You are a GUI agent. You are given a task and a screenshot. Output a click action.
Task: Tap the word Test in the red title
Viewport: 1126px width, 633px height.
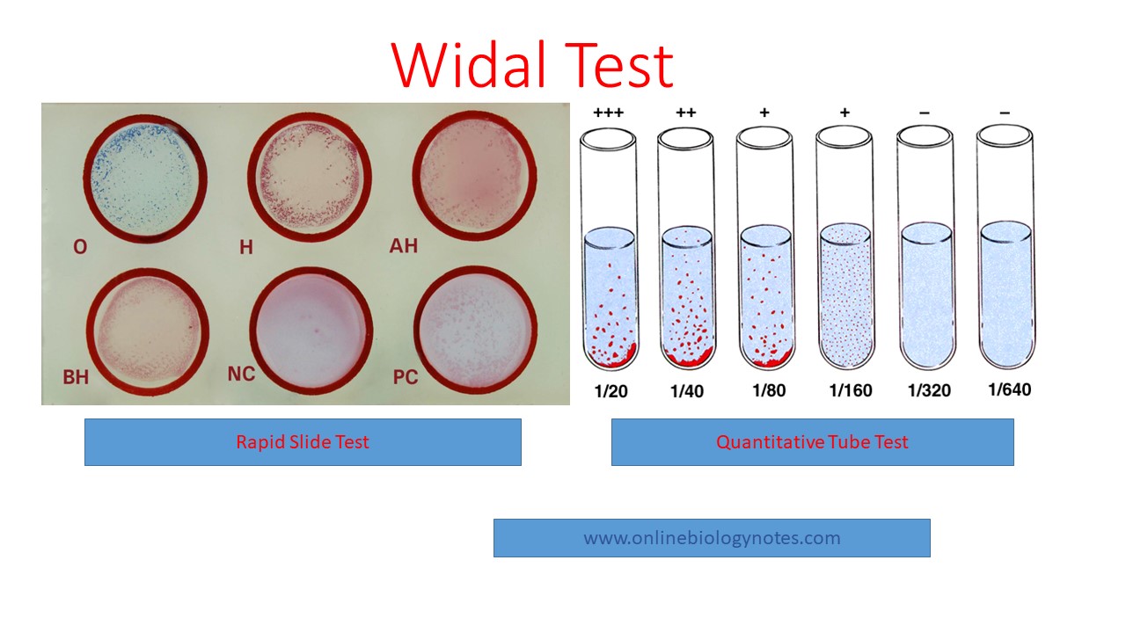(x=618, y=65)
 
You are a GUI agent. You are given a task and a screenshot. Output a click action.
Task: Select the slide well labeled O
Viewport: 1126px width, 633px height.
(x=145, y=178)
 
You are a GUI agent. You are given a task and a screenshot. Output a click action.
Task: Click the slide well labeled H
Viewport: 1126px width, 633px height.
(x=310, y=178)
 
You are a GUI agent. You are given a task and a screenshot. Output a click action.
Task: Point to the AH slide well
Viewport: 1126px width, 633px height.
(x=474, y=177)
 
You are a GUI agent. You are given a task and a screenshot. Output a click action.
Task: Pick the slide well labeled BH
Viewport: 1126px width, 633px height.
(x=148, y=332)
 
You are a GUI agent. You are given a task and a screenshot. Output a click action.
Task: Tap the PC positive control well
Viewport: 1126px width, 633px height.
(x=476, y=331)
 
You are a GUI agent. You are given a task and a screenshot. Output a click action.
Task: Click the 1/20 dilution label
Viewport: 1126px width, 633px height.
(x=611, y=391)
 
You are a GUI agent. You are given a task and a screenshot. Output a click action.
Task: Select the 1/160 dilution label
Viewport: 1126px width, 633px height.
(x=851, y=390)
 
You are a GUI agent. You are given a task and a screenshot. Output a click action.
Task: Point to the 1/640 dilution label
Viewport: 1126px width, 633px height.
(x=1009, y=389)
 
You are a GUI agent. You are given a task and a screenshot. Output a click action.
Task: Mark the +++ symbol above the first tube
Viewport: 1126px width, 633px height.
(x=608, y=113)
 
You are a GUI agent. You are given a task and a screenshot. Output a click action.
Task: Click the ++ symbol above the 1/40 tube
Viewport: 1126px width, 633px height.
(x=685, y=113)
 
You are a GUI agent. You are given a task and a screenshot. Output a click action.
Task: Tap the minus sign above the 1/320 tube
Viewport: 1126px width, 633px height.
(x=925, y=113)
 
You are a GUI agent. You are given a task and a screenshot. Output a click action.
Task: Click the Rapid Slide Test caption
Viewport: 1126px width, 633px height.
(x=303, y=442)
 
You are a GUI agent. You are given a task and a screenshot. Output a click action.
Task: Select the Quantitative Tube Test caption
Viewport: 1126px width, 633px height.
(x=812, y=442)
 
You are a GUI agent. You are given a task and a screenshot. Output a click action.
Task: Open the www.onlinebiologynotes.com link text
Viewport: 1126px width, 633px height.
(x=712, y=538)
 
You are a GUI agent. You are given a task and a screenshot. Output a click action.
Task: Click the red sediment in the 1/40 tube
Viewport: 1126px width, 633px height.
(x=688, y=358)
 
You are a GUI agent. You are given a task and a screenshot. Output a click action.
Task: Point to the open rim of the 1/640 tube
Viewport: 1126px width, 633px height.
(x=1005, y=136)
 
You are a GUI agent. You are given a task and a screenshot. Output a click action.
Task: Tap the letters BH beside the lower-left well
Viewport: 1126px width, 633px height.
(x=76, y=377)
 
